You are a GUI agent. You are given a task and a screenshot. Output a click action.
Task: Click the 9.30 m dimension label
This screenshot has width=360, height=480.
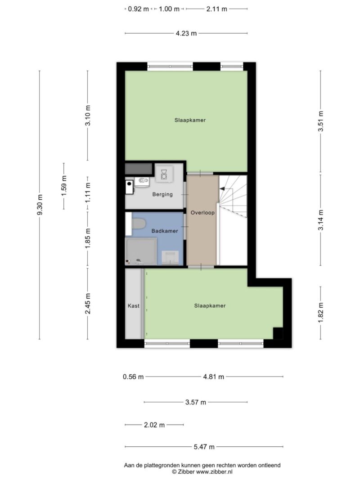click(x=40, y=205)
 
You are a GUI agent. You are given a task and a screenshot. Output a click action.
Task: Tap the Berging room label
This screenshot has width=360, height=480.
click(x=162, y=194)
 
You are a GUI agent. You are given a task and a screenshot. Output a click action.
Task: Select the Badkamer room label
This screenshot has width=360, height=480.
click(x=165, y=231)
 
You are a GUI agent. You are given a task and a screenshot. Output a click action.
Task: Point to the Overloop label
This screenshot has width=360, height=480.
click(x=202, y=212)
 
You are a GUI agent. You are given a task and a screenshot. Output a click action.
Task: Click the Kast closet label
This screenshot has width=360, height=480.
click(x=134, y=305)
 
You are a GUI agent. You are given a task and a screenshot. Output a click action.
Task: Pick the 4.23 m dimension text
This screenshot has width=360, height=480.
click(x=186, y=33)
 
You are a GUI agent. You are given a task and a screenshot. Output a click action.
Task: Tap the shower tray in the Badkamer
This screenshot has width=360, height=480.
click(x=141, y=251)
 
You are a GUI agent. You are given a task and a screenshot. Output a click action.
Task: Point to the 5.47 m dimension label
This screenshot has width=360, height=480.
click(x=204, y=447)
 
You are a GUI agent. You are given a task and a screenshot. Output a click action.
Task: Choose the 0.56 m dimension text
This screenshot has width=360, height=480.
click(x=133, y=377)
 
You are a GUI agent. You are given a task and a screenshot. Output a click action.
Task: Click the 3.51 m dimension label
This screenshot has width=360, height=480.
click(x=320, y=121)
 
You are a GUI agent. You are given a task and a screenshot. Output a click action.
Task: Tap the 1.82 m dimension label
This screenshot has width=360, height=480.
click(x=320, y=312)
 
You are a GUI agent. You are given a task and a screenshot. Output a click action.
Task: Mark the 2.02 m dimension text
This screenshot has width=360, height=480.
click(x=154, y=425)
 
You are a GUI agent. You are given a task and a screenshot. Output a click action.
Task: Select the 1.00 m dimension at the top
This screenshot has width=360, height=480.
click(x=169, y=9)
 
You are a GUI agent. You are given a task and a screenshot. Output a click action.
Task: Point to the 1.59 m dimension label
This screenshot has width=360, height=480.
click(x=64, y=186)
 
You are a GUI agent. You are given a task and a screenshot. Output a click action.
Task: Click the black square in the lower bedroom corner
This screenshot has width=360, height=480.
click(x=278, y=333)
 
